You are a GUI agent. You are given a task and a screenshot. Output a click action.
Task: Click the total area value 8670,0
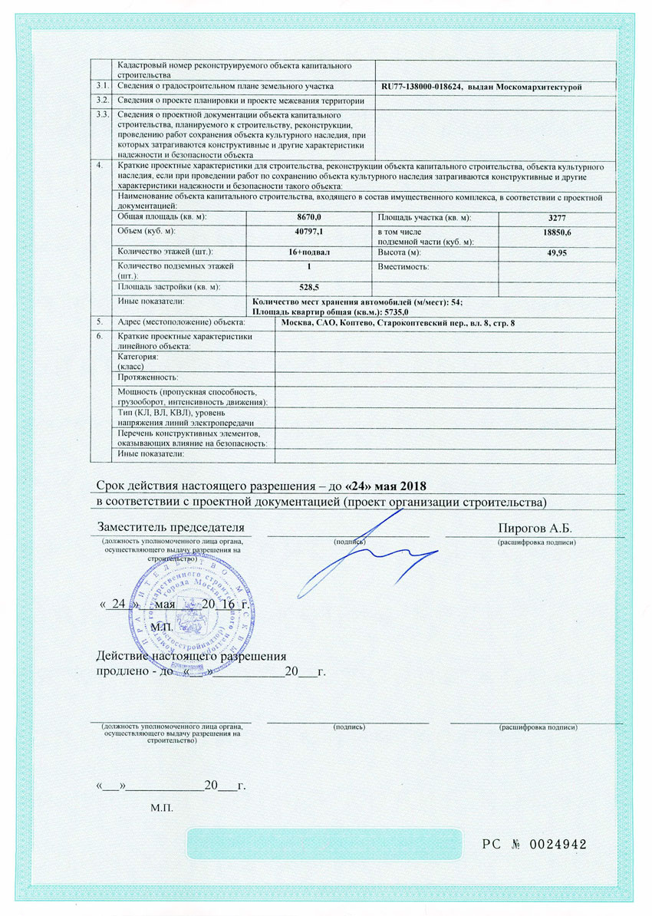(308, 219)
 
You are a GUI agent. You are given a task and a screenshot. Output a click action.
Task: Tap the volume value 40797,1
(308, 231)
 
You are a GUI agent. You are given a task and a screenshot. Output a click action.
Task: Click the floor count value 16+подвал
(308, 252)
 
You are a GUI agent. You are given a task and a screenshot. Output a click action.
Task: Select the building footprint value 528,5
(308, 288)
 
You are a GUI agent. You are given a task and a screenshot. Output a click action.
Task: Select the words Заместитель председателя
(170, 528)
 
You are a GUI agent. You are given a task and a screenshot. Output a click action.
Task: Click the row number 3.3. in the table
(100, 115)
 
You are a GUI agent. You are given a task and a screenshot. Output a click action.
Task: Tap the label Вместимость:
(403, 266)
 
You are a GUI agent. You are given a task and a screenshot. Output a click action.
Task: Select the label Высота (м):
(400, 252)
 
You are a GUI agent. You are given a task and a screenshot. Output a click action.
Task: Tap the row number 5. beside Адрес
(97, 321)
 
